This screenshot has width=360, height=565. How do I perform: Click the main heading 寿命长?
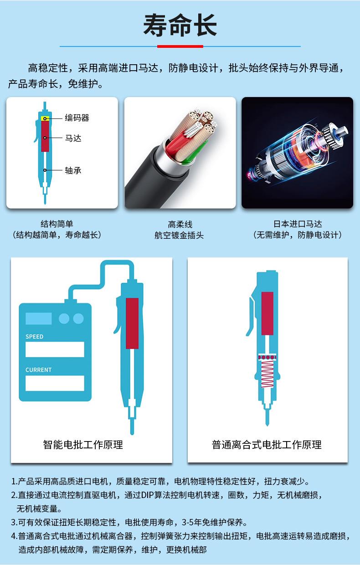tap(180, 26)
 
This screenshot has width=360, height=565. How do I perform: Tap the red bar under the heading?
tap(180, 46)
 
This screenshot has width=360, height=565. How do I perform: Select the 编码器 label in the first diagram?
tap(77, 118)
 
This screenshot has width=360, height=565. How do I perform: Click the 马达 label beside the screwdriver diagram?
tap(73, 138)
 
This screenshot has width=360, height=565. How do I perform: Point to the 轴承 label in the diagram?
tap(73, 170)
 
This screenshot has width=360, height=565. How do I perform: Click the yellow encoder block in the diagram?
tap(45, 118)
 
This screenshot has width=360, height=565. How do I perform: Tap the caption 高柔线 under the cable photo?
tap(180, 224)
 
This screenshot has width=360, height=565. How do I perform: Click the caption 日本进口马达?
tap(298, 224)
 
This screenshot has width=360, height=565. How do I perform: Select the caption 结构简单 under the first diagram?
tap(57, 224)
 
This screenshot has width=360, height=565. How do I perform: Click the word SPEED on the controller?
tap(34, 336)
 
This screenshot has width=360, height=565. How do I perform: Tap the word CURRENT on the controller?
tap(38, 370)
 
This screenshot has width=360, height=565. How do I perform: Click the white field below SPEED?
tap(55, 349)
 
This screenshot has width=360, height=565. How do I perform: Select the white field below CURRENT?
tap(55, 383)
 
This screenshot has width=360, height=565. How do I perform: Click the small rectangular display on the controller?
tap(39, 318)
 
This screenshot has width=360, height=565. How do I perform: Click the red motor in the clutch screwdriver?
tap(267, 313)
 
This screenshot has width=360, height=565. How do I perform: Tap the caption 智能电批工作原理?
tap(83, 445)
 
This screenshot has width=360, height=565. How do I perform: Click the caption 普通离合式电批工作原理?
tap(267, 445)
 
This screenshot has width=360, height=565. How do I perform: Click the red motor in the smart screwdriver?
tap(132, 324)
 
